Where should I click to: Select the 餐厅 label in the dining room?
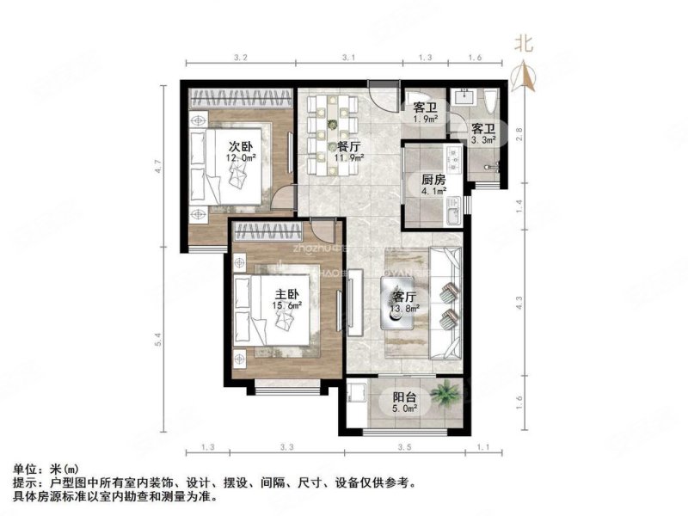click(349, 145)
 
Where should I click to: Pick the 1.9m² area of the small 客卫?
click(425, 120)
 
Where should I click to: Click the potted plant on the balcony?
click(445, 396)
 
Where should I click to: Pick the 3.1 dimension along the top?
click(347, 58)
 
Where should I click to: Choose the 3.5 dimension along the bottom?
click(404, 447)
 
